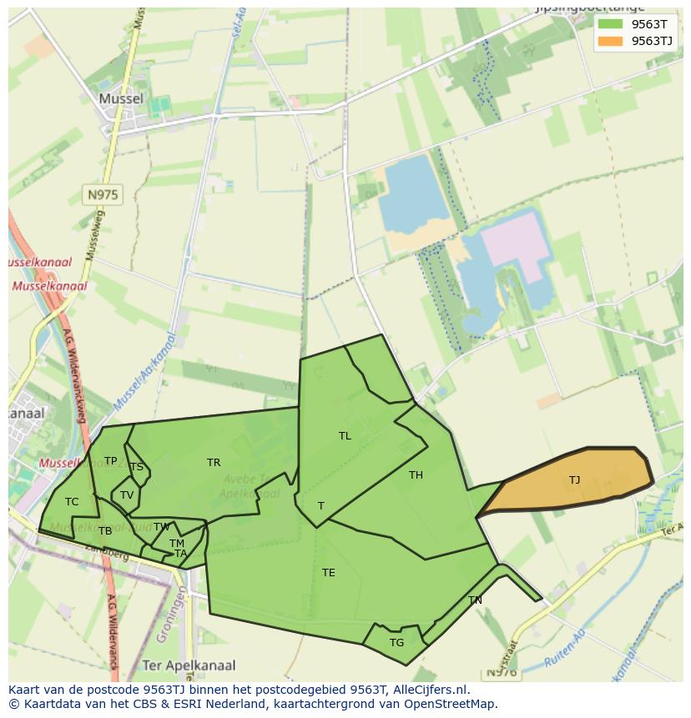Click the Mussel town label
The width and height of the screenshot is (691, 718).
pos(121,98)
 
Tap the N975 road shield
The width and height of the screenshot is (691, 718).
pos(103,195)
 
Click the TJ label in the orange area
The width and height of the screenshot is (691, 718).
pos(574,480)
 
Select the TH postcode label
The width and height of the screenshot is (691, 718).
pos(416,475)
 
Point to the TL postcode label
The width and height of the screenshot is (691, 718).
pos(345,435)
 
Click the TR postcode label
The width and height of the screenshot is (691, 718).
pos(214,462)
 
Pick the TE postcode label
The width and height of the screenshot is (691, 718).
pos(329,572)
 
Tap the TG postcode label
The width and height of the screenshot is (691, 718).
pos(396,642)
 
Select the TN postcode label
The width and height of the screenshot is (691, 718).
pos(475,600)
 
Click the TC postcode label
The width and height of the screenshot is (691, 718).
pos(72,501)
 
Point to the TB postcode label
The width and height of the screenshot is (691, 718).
pos(105,530)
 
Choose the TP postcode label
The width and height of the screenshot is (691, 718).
pos(110,460)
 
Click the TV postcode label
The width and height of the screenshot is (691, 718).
pos(127,495)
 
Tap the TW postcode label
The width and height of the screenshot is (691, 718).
pos(162,526)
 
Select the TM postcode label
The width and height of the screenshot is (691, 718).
pos(176,543)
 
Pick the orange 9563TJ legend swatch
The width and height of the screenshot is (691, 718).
pos(609,41)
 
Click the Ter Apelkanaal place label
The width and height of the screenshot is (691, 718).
pos(189,665)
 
